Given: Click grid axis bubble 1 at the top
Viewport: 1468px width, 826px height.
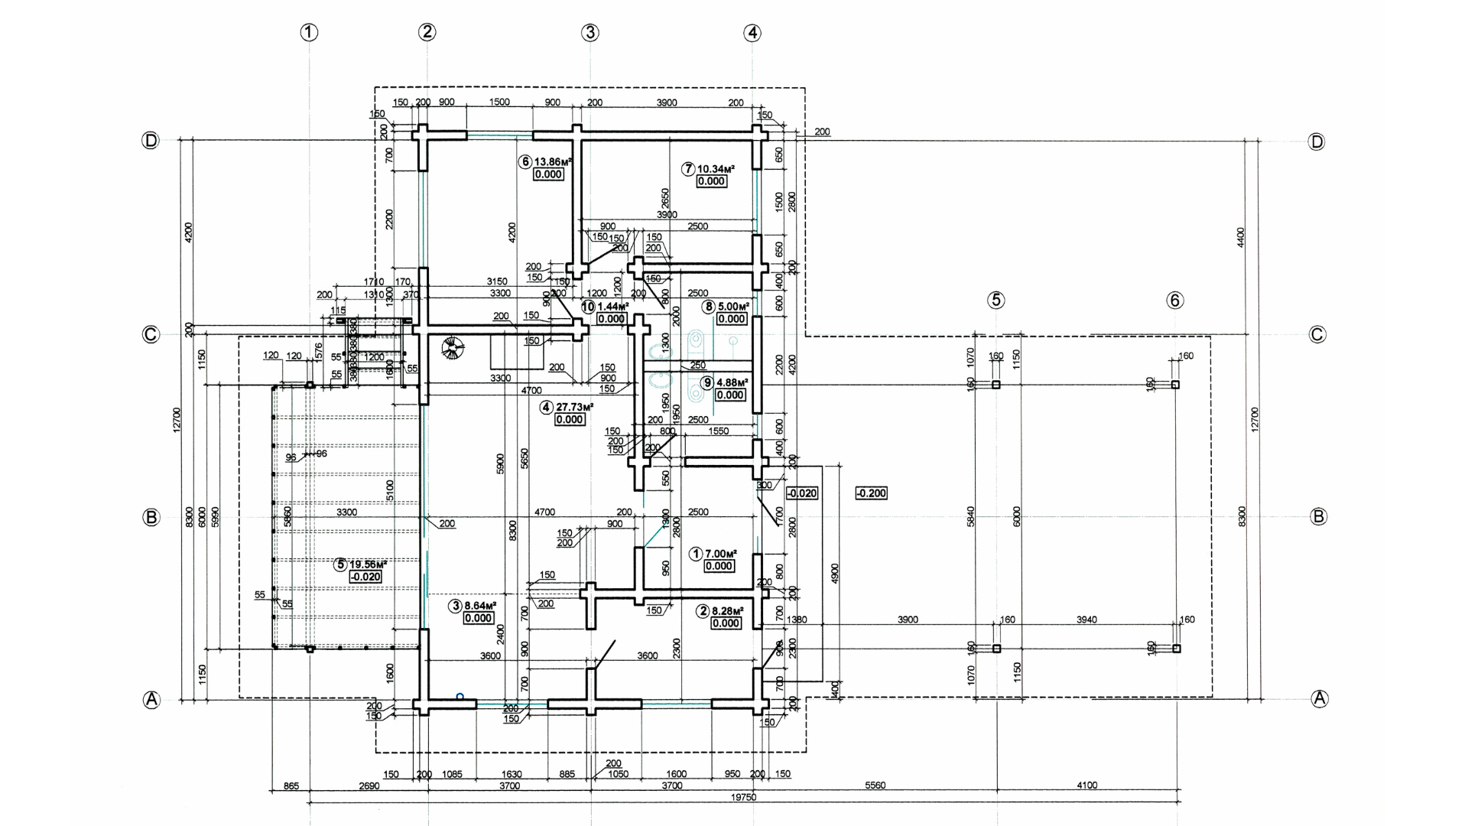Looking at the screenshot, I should pos(309,32).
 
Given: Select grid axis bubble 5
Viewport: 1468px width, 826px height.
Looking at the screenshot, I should pos(995,300).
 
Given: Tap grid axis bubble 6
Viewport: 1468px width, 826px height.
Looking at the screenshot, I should pos(1175,300).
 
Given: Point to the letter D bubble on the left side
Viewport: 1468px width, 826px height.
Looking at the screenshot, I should pos(151,141).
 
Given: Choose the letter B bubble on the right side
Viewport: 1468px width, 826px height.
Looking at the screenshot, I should pos(1318,517).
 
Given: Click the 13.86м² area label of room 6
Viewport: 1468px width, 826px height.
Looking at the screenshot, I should pos(554,162).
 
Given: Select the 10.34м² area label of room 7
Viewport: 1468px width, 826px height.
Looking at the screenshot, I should pos(716,168).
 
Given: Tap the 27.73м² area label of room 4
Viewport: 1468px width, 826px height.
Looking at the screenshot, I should pos(574,408).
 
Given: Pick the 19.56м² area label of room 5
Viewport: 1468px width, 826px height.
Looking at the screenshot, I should pos(368,564).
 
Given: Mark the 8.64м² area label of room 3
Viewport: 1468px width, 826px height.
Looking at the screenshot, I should pos(480,606).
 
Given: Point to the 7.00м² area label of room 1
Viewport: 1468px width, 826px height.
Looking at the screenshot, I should pos(720,554).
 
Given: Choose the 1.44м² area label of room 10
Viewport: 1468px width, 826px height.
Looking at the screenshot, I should pos(612,306).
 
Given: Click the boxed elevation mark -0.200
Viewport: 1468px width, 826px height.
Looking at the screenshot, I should pos(871,493).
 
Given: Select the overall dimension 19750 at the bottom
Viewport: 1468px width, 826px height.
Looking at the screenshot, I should pos(744,797).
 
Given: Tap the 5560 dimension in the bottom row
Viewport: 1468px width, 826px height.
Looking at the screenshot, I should pos(875,785).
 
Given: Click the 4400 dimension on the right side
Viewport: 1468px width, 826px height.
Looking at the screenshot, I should pos(1240,237).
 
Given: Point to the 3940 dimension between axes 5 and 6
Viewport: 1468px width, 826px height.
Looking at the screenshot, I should pos(1086,619).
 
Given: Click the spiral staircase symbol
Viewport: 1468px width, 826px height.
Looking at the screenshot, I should pos(453,349).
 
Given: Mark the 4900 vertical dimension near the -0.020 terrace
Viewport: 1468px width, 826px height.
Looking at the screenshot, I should pos(835,574).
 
